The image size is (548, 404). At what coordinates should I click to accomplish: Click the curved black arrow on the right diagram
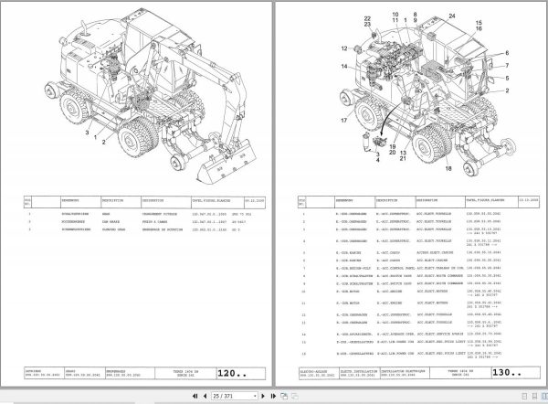tap(375, 128)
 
